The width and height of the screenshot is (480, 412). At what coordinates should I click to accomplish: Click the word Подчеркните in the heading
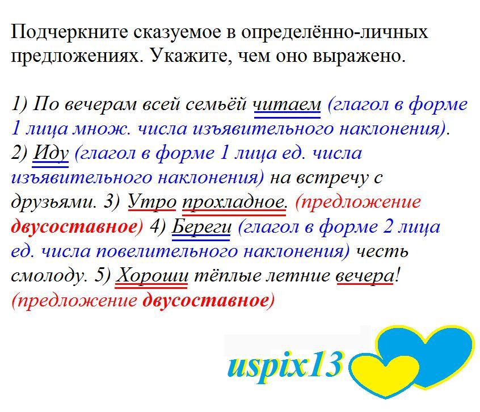(69, 32)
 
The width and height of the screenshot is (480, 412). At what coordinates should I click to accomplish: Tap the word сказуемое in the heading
(177, 32)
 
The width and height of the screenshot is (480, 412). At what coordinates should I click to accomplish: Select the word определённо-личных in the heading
(335, 32)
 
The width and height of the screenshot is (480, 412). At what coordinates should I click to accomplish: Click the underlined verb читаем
(288, 104)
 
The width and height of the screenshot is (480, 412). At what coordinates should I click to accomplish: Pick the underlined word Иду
(50, 153)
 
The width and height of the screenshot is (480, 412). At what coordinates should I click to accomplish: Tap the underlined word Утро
(152, 202)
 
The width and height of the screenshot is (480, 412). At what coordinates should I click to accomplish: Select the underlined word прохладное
(234, 203)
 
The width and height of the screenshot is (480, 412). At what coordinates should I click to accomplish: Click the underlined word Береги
(201, 227)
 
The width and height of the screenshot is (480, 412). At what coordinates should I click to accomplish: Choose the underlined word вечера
(365, 276)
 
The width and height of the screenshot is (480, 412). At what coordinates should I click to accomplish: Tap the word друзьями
(53, 203)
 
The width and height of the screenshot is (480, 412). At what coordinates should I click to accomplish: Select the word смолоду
(48, 276)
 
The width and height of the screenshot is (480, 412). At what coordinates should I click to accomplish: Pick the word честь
(382, 251)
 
